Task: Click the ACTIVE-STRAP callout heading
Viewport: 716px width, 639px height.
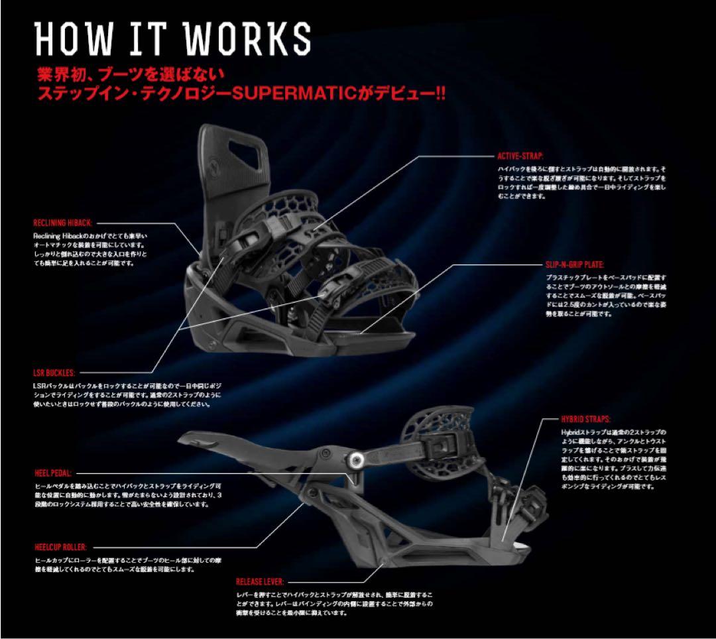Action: click(520, 156)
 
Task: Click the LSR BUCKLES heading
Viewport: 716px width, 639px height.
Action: click(54, 373)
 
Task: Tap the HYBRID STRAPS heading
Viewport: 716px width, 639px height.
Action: click(586, 420)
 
